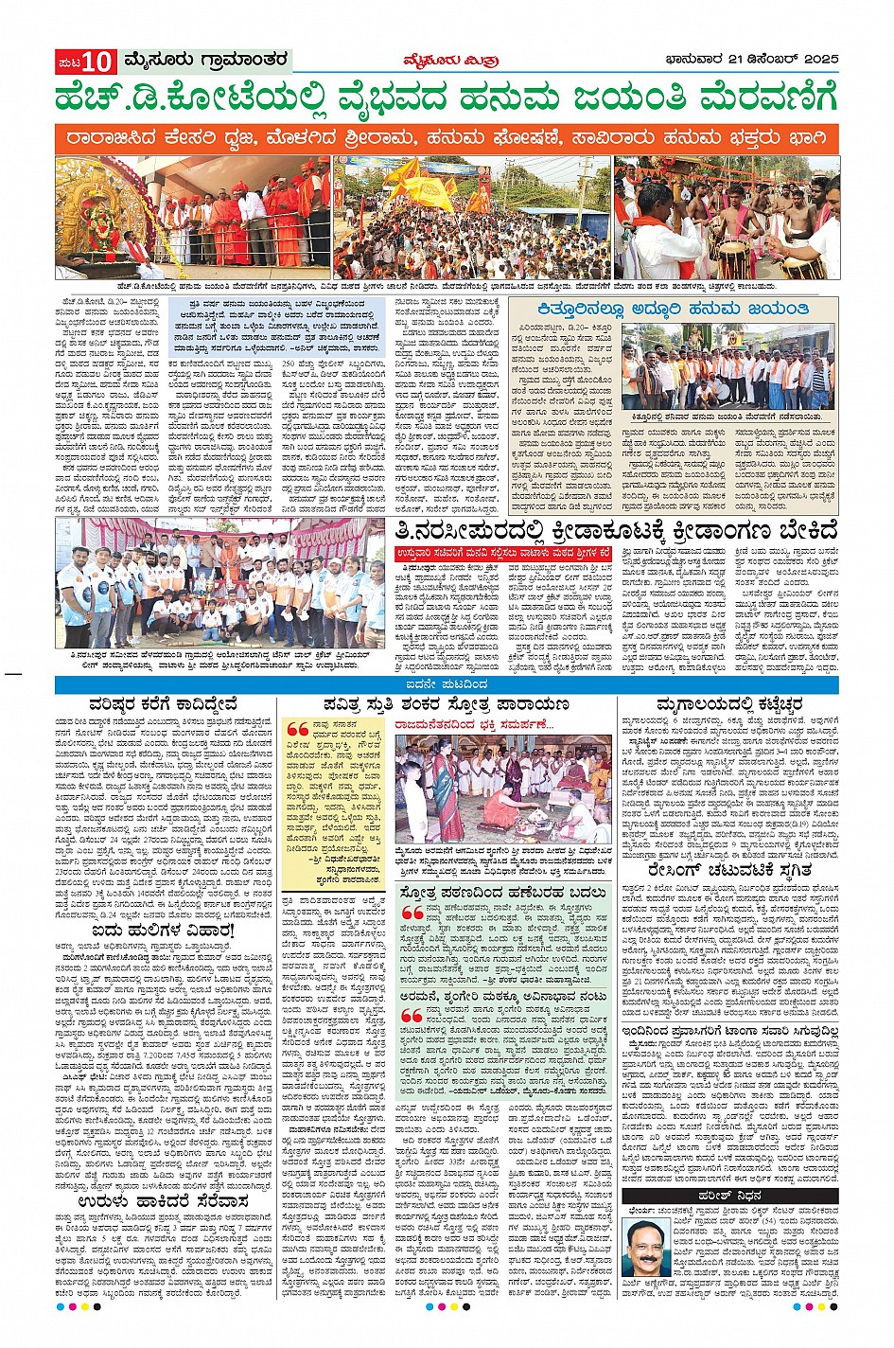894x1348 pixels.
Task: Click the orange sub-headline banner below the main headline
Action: [x=447, y=138]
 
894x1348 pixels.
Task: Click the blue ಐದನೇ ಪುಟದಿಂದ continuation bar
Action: [x=447, y=683]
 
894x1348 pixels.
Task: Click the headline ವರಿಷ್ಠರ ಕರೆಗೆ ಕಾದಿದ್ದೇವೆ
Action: [x=164, y=704]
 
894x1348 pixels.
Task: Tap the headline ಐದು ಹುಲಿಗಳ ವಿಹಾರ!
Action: [x=164, y=931]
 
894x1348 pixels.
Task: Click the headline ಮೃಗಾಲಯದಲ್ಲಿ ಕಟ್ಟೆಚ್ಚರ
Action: [x=728, y=704]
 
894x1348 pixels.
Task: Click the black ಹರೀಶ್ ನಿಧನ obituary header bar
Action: [x=728, y=1197]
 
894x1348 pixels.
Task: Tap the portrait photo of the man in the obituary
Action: [x=645, y=1254]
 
